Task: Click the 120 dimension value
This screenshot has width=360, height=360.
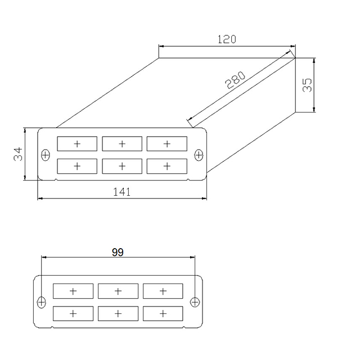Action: pyautogui.click(x=227, y=39)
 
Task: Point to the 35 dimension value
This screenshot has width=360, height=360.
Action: pyautogui.click(x=307, y=85)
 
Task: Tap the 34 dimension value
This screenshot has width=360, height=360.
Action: pyautogui.click(x=18, y=154)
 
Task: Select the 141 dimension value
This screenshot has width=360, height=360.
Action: pyautogui.click(x=122, y=192)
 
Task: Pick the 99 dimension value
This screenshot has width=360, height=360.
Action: pyautogui.click(x=118, y=252)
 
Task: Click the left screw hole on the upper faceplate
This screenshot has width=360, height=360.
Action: pyautogui.click(x=46, y=154)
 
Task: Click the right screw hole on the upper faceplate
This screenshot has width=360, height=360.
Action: pyautogui.click(x=198, y=154)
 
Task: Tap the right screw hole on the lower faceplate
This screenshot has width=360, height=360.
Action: pyautogui.click(x=194, y=302)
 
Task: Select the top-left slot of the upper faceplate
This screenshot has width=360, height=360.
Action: pyautogui.click(x=77, y=144)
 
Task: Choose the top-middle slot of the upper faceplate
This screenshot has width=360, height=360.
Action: pyautogui.click(x=122, y=144)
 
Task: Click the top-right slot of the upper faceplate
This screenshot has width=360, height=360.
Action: pyautogui.click(x=166, y=144)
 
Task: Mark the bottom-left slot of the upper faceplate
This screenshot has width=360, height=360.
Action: pyautogui.click(x=77, y=166)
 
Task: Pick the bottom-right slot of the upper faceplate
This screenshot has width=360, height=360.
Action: pyautogui.click(x=166, y=166)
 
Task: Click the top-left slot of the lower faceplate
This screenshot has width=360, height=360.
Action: pyautogui.click(x=73, y=291)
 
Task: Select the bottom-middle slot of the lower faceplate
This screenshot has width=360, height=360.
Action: pyautogui.click(x=118, y=313)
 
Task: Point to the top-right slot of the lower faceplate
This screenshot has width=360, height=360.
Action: pyautogui.click(x=163, y=291)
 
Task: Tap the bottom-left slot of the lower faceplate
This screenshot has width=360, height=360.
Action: pyautogui.click(x=73, y=313)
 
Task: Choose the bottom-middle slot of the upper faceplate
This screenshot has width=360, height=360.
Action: pyautogui.click(x=122, y=166)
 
